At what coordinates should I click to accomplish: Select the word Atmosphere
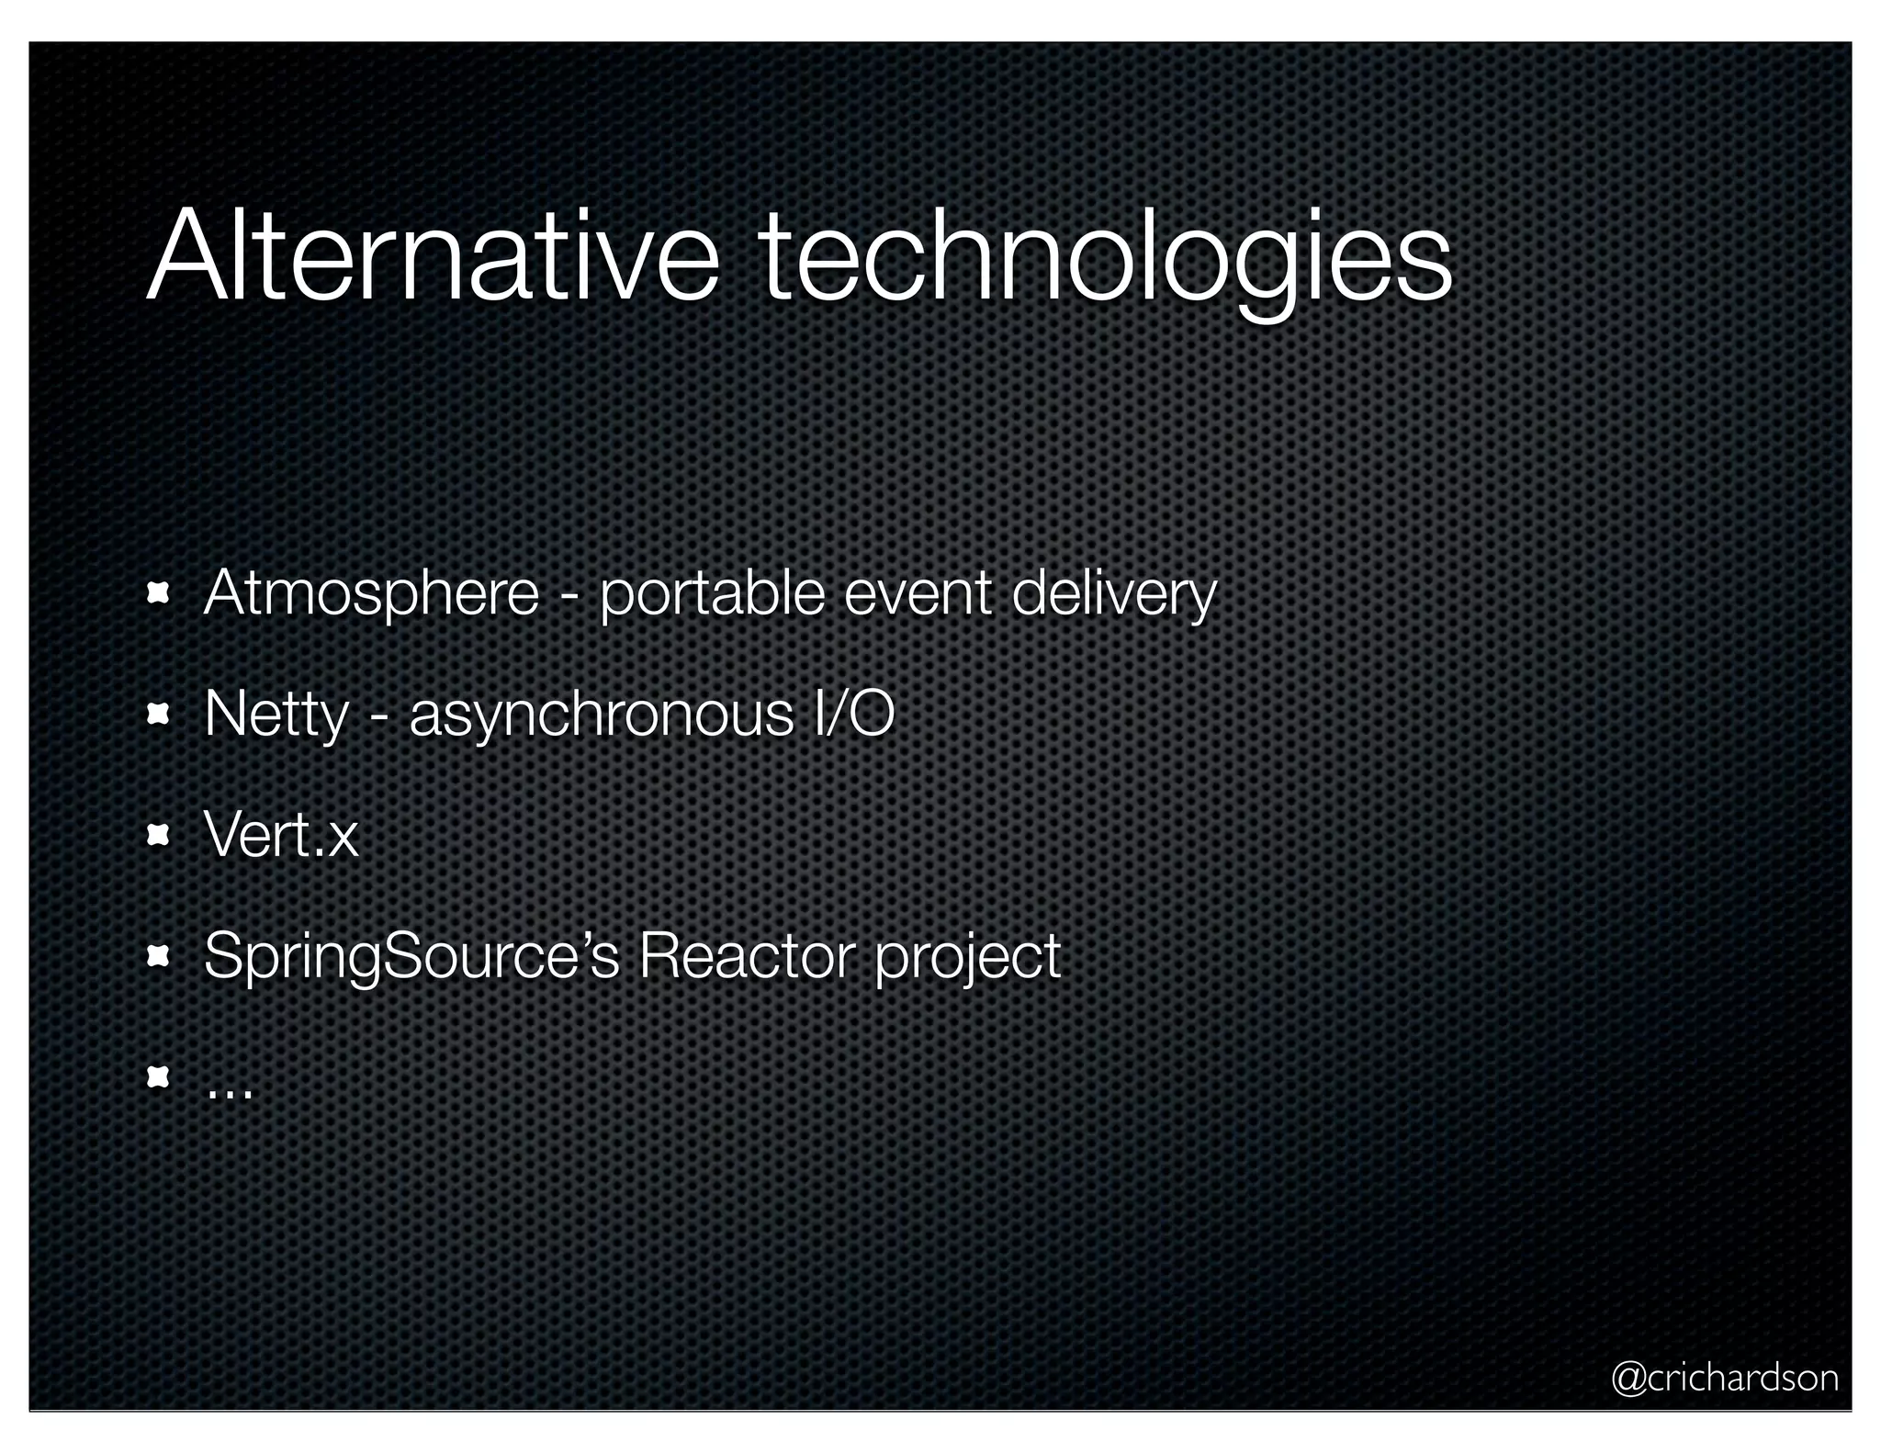[x=371, y=593]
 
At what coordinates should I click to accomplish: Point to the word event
[x=918, y=593]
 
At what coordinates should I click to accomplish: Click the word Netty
[x=276, y=715]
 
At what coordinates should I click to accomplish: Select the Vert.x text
[x=281, y=835]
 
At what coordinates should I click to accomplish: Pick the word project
[x=967, y=959]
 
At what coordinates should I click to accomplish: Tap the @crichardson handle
[x=1725, y=1378]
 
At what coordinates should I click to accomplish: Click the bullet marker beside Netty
[x=159, y=714]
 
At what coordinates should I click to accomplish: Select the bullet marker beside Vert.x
[x=159, y=835]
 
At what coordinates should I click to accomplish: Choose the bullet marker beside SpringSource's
[x=159, y=956]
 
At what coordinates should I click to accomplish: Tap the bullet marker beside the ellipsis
[x=159, y=1076]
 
